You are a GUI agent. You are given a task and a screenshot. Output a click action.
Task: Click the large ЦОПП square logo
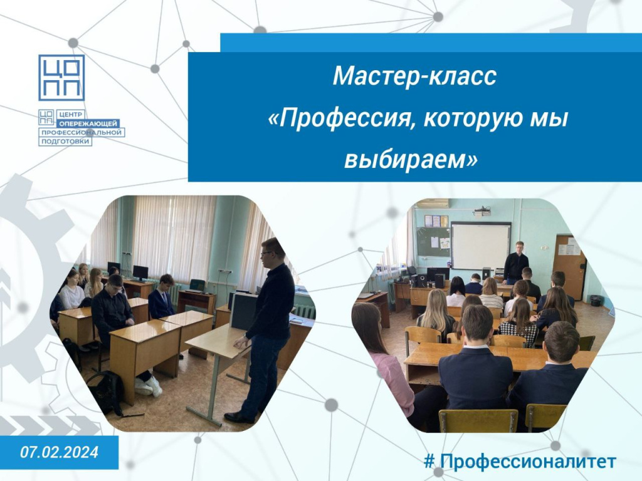61,78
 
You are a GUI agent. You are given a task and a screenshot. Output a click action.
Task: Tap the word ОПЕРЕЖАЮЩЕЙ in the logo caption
88,123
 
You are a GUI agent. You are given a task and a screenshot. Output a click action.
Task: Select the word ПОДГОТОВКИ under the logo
65,142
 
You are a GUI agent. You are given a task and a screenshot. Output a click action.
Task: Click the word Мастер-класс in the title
414,76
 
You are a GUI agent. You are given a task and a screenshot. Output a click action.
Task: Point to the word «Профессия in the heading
339,119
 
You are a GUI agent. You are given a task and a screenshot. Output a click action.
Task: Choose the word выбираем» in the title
411,160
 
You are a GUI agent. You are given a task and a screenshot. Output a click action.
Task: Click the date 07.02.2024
59,452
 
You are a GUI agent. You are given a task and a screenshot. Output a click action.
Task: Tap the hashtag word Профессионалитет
528,462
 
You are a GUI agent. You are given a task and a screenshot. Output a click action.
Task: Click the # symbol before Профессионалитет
429,462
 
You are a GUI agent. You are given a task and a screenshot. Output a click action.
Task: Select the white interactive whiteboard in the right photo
481,246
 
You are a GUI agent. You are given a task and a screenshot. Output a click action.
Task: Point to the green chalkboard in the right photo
434,242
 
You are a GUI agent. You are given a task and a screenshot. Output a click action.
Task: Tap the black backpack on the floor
105,393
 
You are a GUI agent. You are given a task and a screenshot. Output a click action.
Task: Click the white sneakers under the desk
149,386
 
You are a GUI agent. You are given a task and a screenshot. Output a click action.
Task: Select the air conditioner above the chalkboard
433,204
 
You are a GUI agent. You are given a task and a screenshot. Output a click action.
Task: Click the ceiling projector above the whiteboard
482,212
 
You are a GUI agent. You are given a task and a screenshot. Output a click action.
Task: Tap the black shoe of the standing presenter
239,417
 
